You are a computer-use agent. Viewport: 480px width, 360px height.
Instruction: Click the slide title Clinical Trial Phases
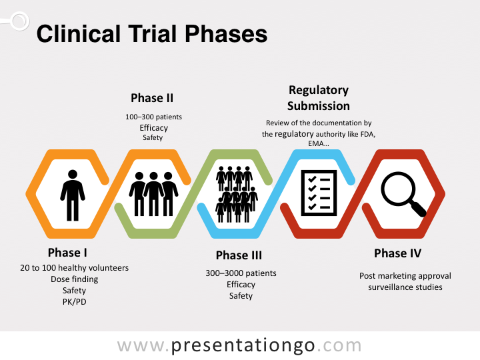[x=152, y=34]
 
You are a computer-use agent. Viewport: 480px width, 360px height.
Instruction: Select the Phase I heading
[x=67, y=253]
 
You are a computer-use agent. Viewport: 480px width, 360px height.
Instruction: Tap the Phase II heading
[x=152, y=98]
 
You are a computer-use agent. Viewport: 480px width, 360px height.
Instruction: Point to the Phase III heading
[x=239, y=255]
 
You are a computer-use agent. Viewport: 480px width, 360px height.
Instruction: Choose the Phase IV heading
[x=397, y=253]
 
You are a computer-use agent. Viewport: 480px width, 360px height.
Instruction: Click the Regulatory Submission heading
[x=319, y=98]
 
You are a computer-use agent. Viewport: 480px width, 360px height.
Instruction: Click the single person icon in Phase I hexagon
[x=72, y=194]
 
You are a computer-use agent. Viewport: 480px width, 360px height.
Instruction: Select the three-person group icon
[x=153, y=194]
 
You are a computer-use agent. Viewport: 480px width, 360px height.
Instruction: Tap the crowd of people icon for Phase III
[x=237, y=194]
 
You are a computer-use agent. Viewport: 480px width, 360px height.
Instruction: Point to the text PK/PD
[x=74, y=302]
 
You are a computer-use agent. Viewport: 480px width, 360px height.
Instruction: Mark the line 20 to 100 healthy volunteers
[x=74, y=268]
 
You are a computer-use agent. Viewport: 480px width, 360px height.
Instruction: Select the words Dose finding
[x=74, y=279]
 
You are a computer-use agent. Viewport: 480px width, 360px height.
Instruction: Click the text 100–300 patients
[x=153, y=117]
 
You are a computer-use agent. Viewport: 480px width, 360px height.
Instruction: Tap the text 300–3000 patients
[x=240, y=273]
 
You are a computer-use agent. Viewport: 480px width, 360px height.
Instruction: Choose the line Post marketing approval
[x=405, y=275]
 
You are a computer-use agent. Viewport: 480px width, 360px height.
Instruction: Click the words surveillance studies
[x=405, y=287]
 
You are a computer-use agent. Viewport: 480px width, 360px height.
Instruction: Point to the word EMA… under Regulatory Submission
[x=318, y=143]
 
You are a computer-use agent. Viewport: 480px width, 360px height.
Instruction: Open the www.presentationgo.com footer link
[x=239, y=345]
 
